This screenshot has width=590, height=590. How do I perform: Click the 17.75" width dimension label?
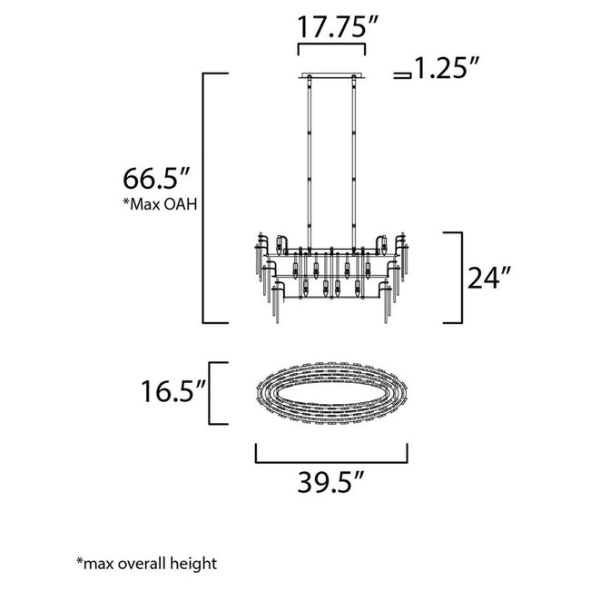click(x=331, y=25)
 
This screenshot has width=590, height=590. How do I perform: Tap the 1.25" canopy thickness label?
click(x=447, y=68)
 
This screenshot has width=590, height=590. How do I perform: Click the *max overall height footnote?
click(x=146, y=564)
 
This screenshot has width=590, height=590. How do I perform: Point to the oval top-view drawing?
click(x=330, y=392)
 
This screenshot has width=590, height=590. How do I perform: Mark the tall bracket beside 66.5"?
click(x=204, y=197)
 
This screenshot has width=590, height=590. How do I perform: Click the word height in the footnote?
click(x=198, y=564)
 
